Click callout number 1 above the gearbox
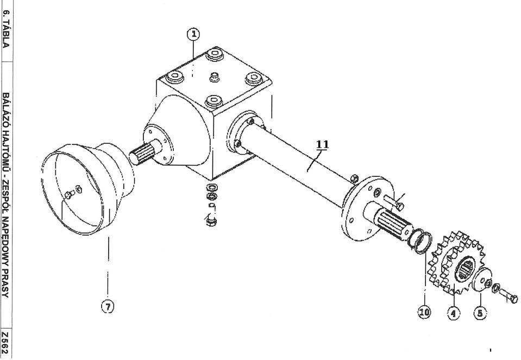(193, 35)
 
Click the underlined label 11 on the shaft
(323, 145)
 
